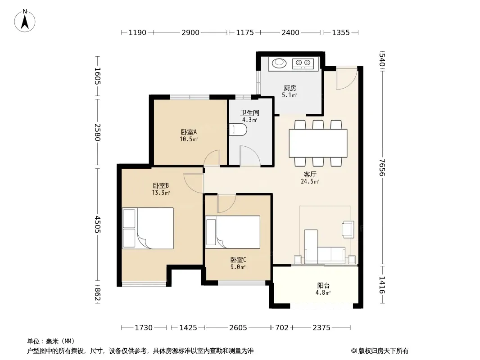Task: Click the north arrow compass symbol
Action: pos(25,21)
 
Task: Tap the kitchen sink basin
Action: pos(279,63)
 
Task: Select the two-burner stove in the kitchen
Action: pos(303,63)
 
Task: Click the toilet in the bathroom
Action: pos(238,130)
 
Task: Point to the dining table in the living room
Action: pos(318,143)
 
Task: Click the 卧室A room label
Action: pos(189,132)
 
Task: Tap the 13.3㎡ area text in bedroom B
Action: pos(161,193)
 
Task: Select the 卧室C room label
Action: pos(238,260)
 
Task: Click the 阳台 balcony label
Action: pos(323,286)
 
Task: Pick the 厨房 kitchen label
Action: pos(290,88)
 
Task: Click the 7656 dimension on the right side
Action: pos(382,167)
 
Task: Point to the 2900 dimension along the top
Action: pos(190,32)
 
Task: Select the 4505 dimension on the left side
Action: pos(97,224)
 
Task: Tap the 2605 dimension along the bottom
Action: pos(238,328)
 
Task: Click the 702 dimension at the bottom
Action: pos(281,328)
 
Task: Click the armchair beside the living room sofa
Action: pos(348,229)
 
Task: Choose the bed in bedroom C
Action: pos(233,232)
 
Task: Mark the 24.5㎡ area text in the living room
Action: pos(310,181)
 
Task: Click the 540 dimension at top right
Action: pos(382,60)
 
